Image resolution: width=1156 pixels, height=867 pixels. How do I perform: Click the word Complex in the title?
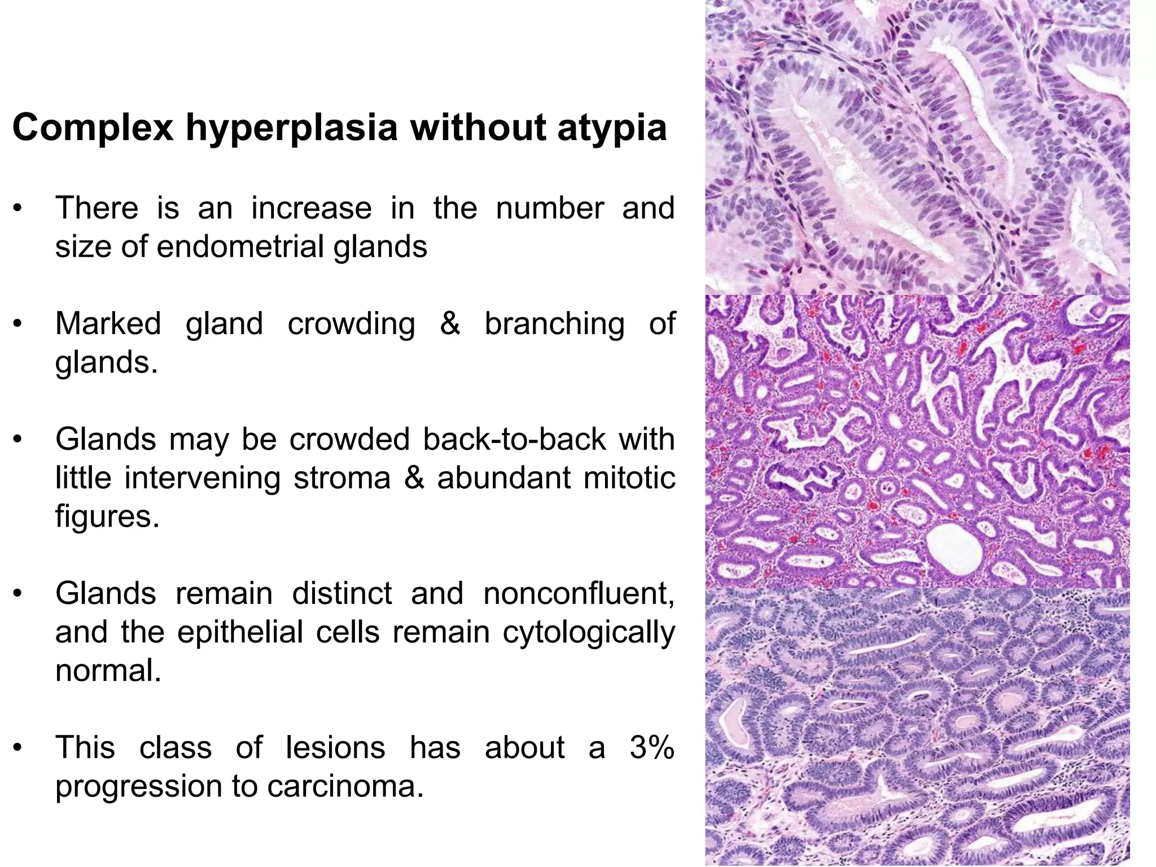coord(93,128)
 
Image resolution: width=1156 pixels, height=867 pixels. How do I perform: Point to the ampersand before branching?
coord(449,324)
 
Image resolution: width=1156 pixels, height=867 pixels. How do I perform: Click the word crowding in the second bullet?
coord(351,324)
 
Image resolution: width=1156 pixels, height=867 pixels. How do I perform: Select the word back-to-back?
coord(514,439)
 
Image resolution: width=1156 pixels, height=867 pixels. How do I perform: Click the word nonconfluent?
coord(579,593)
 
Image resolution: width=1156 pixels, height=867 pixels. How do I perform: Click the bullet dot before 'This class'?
coord(19,748)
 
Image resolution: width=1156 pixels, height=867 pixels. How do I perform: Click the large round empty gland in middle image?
coord(954,546)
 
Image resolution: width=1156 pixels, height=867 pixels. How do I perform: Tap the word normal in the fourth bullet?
coord(108,671)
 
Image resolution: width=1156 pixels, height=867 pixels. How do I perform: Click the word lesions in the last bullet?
coord(335,747)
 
